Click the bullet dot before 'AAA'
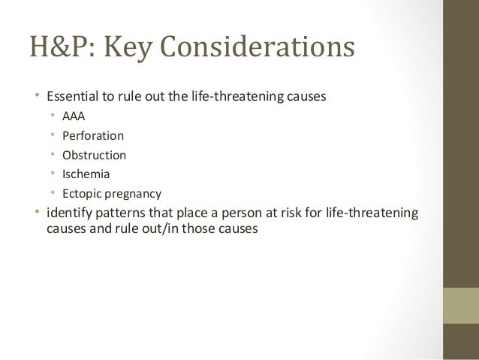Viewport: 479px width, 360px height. coord(53,116)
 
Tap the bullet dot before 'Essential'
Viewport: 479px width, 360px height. coord(39,96)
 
